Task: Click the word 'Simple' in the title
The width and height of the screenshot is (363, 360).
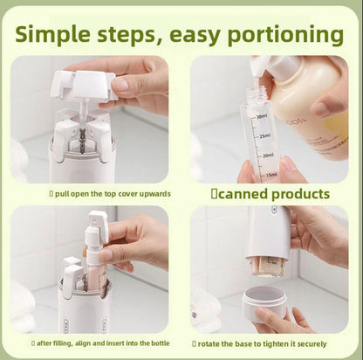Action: pos(60,34)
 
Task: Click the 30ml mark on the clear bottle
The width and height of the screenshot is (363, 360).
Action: pos(261,116)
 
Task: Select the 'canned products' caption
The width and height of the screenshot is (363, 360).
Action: pos(272,194)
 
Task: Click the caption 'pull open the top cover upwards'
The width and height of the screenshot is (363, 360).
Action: pos(98,193)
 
